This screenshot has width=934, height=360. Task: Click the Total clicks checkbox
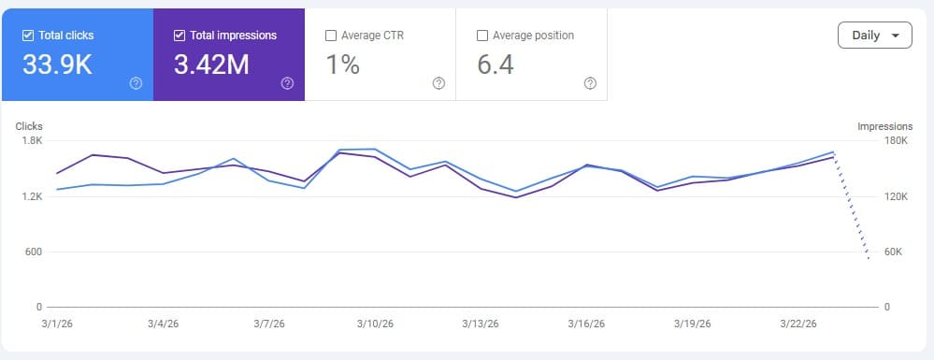click(28, 36)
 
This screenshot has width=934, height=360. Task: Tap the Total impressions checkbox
click(180, 36)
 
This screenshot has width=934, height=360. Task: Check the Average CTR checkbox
click(331, 36)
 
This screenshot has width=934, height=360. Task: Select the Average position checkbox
click(482, 36)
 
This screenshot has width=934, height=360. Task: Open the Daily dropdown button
click(874, 36)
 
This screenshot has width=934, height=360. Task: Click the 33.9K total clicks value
click(57, 66)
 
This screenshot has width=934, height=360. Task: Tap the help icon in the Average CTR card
click(438, 83)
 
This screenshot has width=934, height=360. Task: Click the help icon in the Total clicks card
click(136, 83)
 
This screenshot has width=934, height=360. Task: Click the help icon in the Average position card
click(590, 83)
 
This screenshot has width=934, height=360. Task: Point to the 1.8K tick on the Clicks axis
click(32, 141)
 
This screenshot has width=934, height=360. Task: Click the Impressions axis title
click(884, 126)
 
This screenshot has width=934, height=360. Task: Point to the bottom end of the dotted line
click(869, 258)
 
